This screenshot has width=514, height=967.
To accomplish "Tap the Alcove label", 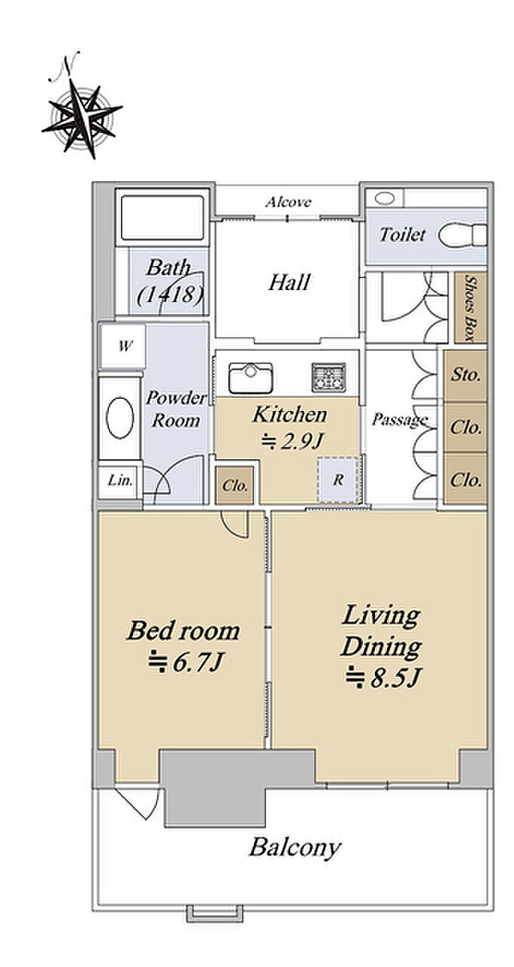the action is pyautogui.click(x=288, y=202).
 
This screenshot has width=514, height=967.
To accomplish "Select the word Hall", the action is pyautogui.click(x=289, y=283).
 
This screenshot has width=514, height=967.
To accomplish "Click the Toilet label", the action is pyautogui.click(x=402, y=235).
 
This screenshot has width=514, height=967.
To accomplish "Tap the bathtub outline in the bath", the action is pyautogui.click(x=163, y=218).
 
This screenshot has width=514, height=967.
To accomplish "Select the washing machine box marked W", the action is pyautogui.click(x=123, y=345).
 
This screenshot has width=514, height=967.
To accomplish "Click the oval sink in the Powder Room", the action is pyautogui.click(x=119, y=419).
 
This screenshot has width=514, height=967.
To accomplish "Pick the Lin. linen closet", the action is pyautogui.click(x=119, y=480).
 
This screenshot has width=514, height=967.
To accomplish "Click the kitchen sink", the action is pyautogui.click(x=250, y=378).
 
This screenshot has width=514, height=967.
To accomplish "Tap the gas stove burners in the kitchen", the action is pyautogui.click(x=329, y=377).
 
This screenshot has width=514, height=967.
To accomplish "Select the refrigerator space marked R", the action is pyautogui.click(x=339, y=480).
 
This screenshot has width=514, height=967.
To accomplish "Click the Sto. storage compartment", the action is pyautogui.click(x=465, y=375).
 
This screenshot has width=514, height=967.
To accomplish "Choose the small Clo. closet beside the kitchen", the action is pyautogui.click(x=235, y=485).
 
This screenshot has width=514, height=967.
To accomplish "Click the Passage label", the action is pyautogui.click(x=400, y=419).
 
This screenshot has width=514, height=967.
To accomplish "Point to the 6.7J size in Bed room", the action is pyautogui.click(x=185, y=663).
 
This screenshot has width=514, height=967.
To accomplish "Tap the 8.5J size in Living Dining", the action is pyautogui.click(x=382, y=678).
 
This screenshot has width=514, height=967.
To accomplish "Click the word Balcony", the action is pyautogui.click(x=295, y=848).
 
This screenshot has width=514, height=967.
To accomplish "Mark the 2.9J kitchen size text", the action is pyautogui.click(x=292, y=440).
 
